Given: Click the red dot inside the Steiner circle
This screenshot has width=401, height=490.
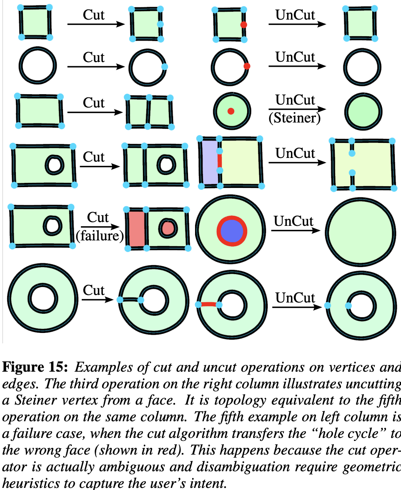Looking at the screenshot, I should [x=231, y=111].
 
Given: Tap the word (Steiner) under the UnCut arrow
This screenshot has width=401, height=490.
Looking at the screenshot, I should [x=295, y=118].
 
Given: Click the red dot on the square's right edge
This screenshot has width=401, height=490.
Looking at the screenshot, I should [x=244, y=25].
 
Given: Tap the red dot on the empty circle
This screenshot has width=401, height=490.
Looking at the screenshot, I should [x=247, y=66].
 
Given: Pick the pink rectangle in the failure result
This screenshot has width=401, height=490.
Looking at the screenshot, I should [x=136, y=229].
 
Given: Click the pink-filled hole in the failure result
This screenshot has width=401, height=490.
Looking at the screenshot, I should [x=168, y=227].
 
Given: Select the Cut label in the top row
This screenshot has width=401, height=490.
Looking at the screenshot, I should [x=94, y=15].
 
